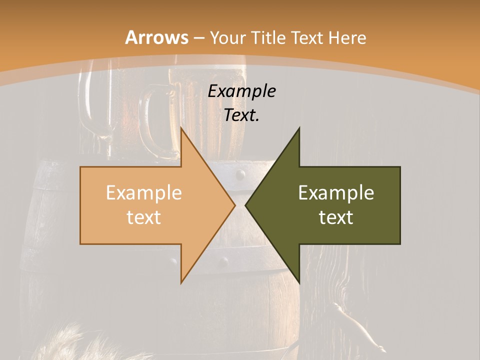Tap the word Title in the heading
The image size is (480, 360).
tap(269, 37)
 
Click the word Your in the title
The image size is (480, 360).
tap(228, 37)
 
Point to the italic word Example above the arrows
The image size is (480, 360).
tap(242, 91)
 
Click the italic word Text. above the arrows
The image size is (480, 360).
tap(242, 115)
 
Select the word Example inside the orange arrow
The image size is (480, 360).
tap(144, 192)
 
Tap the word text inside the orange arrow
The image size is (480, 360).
tap(144, 217)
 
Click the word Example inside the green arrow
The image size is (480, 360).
tap(336, 192)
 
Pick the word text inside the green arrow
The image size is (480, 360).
tap(336, 217)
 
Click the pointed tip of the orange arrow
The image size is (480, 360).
tap(234, 205)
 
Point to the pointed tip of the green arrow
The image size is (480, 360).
tap(246, 205)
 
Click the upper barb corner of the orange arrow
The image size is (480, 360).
tap(181, 128)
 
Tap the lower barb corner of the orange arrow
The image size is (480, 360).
tap(181, 282)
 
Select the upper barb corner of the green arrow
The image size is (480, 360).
tap(299, 128)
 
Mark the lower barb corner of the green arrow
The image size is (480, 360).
tap(299, 282)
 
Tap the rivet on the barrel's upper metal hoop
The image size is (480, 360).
tap(240, 174)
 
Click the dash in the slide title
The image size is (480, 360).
tap(198, 38)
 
